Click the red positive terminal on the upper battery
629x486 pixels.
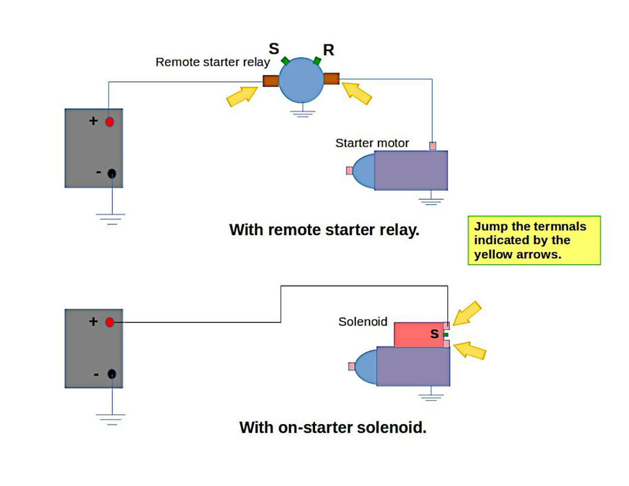point(110,122)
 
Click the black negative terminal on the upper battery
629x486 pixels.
point(112,174)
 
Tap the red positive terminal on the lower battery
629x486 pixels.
point(110,322)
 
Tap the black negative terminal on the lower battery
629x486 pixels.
point(112,374)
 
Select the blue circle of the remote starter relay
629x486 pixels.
point(301,81)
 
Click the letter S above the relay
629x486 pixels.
point(274,49)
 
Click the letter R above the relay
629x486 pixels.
point(329,50)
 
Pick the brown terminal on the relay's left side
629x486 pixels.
point(270,81)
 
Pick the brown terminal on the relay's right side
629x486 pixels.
point(331,79)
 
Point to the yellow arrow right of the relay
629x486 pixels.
point(357,93)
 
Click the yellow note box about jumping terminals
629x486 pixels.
point(534,240)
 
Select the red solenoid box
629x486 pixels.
point(418,334)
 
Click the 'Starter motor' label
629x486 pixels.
point(372,143)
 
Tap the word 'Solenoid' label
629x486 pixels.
point(363,321)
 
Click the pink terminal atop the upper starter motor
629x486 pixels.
point(432,146)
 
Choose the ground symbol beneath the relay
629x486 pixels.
point(301,112)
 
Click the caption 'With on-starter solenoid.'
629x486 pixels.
point(333,427)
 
